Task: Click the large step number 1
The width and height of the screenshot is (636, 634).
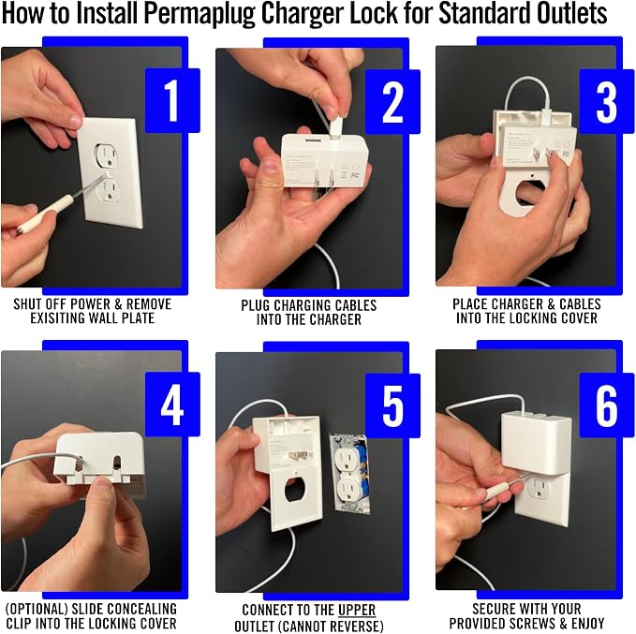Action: (x=172, y=100)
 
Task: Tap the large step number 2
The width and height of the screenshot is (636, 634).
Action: (x=392, y=101)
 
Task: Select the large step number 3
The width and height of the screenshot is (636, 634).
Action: (x=606, y=101)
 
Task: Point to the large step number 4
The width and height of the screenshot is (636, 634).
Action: (x=172, y=405)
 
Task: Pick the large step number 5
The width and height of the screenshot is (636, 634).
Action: (x=392, y=405)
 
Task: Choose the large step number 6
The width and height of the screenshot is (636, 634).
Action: (x=606, y=405)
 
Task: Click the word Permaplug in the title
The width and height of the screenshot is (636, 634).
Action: (x=200, y=14)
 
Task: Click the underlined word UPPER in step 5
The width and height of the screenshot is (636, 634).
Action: (x=357, y=610)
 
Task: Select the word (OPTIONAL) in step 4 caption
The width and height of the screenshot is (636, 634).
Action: (x=37, y=609)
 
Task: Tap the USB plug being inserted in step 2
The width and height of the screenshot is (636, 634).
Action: (x=336, y=126)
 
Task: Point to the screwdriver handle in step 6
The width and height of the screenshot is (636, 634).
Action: (x=497, y=493)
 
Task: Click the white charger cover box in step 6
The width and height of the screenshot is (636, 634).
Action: (x=536, y=442)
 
